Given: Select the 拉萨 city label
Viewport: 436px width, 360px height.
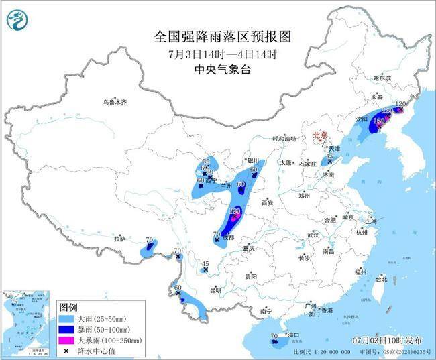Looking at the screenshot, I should coord(119,238).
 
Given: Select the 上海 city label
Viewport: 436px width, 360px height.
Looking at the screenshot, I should coord(372,221).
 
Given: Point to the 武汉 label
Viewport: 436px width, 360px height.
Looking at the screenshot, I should coord(313,235).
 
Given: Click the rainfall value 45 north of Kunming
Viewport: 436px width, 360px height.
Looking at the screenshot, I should coord(206,264).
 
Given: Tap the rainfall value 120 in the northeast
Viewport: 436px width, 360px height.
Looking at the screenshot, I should coord(400,104).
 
